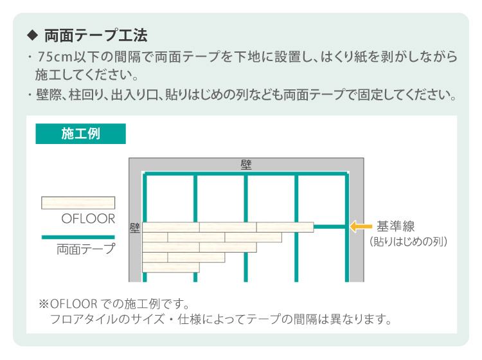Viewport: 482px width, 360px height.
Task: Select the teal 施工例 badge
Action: [x=80, y=134]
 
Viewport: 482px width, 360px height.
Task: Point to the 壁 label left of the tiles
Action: [x=135, y=228]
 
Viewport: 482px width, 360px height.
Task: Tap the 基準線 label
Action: [x=396, y=226]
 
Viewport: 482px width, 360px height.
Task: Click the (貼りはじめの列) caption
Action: [x=408, y=242]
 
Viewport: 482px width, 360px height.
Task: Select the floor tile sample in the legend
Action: [x=78, y=203]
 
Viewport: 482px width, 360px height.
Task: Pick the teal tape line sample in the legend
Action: [x=78, y=237]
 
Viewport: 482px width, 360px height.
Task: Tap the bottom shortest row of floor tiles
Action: [x=170, y=267]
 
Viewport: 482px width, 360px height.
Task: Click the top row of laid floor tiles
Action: [x=228, y=226]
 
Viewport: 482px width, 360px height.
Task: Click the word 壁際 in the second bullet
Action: [x=48, y=96]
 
